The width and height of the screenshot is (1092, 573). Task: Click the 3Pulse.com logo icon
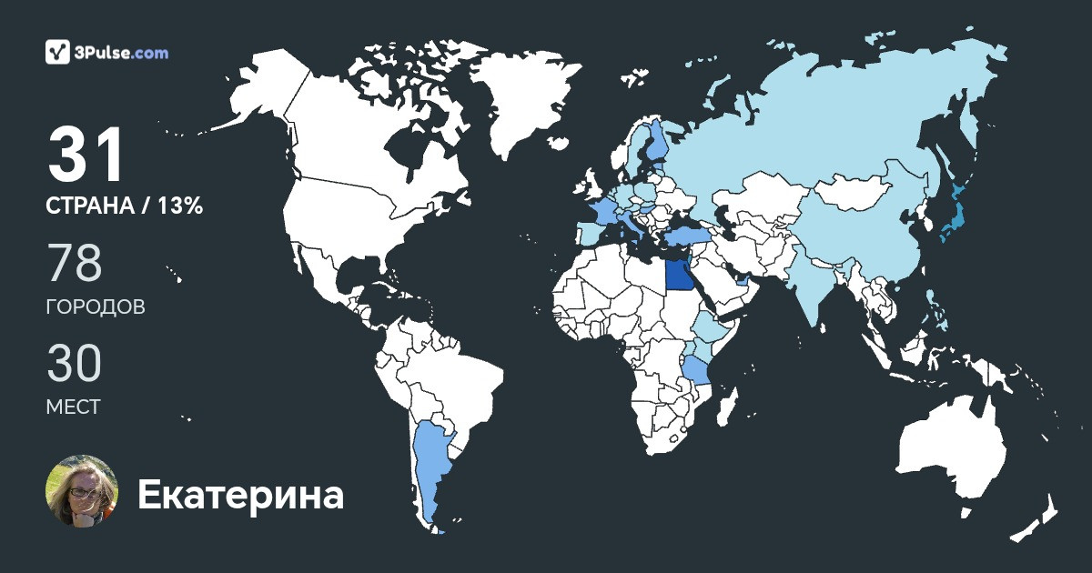[x=58, y=53]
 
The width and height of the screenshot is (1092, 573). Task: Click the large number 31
[x=86, y=156]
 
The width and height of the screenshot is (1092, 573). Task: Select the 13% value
[x=180, y=206]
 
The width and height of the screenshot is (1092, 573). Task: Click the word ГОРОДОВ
[x=95, y=307]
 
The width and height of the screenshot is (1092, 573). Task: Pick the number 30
[x=74, y=364]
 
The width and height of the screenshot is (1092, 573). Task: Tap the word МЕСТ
[x=73, y=407]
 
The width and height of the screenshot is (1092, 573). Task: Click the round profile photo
[x=82, y=491]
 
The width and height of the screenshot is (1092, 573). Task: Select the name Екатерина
[x=240, y=496]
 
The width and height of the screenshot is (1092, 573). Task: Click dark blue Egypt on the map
[x=677, y=274]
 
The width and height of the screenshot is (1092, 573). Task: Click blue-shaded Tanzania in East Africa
[x=697, y=368]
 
